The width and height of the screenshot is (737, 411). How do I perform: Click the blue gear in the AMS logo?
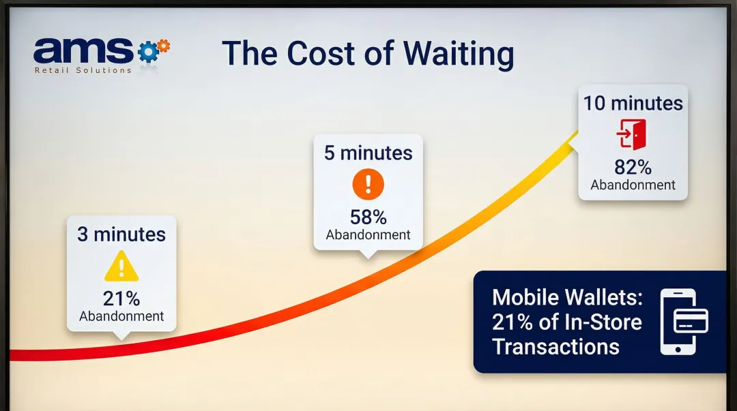pyautogui.click(x=147, y=52)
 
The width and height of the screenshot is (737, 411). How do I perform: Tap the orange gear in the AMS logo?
pyautogui.click(x=163, y=46)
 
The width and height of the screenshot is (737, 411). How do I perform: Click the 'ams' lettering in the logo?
pyautogui.click(x=83, y=50)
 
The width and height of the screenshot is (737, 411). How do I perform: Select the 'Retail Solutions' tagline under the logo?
pyautogui.click(x=83, y=70)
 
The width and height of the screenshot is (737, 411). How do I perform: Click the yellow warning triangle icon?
pyautogui.click(x=121, y=267)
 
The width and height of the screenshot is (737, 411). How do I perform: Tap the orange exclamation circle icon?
pyautogui.click(x=368, y=184)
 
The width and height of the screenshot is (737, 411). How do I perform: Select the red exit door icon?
pyautogui.click(x=632, y=134)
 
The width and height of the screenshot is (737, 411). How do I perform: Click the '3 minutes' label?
pyautogui.click(x=121, y=234)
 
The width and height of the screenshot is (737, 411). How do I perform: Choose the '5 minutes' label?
pyautogui.click(x=368, y=153)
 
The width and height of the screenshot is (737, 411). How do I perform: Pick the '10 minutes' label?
pyautogui.click(x=633, y=104)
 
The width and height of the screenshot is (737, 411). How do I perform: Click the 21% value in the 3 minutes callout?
pyautogui.click(x=121, y=299)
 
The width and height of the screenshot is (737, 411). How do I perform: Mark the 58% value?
pyautogui.click(x=368, y=217)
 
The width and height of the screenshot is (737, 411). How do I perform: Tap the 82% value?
pyautogui.click(x=633, y=168)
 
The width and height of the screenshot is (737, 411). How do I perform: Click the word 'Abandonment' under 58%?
pyautogui.click(x=368, y=235)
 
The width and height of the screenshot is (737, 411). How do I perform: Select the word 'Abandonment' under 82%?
pyautogui.click(x=633, y=185)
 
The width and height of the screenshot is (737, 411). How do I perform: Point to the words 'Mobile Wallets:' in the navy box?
pyautogui.click(x=566, y=298)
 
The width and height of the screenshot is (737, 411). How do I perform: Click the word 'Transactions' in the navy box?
pyautogui.click(x=555, y=346)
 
